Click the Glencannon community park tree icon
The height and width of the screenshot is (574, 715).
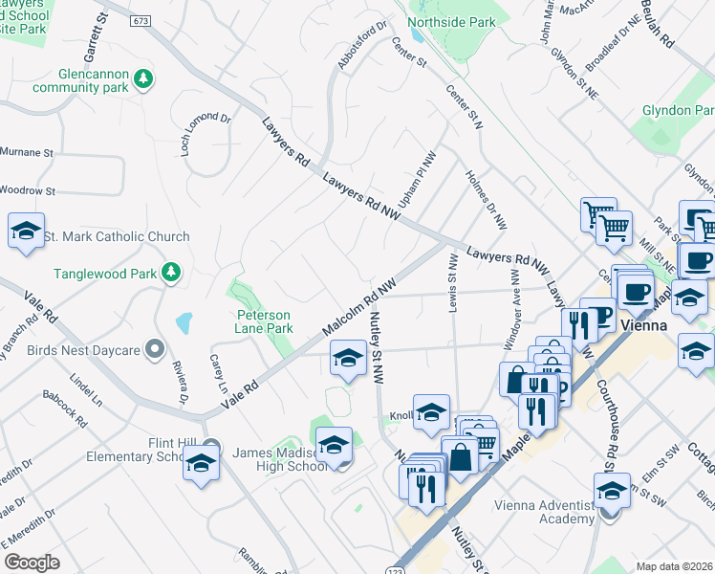[143, 77]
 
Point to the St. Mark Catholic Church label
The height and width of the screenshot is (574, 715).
[118, 236]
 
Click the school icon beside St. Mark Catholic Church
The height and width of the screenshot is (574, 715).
[27, 232]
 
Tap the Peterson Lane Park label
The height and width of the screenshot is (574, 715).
[264, 320]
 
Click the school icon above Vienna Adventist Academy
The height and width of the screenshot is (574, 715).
[612, 492]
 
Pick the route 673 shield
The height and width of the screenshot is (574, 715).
[142, 20]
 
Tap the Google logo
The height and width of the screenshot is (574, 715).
[32, 563]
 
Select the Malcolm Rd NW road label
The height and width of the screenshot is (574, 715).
[359, 308]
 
